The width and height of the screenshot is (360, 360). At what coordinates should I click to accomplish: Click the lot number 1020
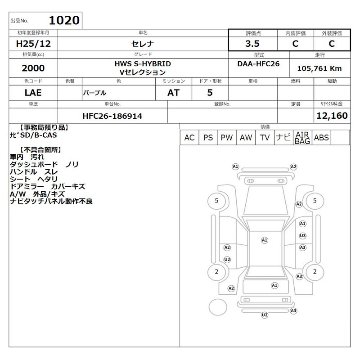point(64,20)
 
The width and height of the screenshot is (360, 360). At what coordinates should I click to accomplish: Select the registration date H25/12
point(33,44)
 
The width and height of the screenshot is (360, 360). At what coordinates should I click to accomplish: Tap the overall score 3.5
point(252,44)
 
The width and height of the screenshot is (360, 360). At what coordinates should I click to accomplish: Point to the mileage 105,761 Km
point(319,68)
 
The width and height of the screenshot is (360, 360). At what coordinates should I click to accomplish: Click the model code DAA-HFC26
point(258,63)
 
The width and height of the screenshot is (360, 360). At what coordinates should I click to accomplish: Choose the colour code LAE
point(33,93)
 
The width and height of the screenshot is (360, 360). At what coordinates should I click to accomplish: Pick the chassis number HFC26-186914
point(112,116)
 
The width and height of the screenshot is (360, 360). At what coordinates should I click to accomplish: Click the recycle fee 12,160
point(332,116)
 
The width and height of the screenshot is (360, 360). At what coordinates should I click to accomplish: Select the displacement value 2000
point(33,68)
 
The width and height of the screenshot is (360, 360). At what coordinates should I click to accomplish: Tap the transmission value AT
point(173,93)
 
